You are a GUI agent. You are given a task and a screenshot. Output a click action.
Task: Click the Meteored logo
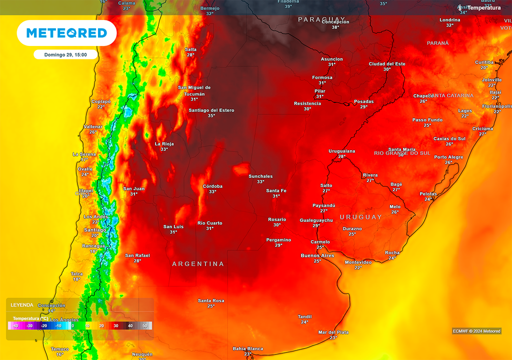[66, 33]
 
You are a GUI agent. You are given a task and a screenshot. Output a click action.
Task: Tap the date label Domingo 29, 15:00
[65, 54]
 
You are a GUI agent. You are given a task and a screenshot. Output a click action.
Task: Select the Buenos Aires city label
[317, 255]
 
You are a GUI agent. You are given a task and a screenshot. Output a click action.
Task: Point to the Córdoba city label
[212, 186]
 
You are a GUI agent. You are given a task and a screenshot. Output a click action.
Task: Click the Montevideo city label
[358, 262]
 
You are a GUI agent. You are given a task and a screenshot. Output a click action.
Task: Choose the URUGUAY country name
[360, 217]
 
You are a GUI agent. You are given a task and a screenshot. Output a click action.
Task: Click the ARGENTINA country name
[198, 263]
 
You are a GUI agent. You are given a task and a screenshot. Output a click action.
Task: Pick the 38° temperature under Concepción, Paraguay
[335, 27]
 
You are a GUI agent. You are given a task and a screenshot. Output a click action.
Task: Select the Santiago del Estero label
[211, 110]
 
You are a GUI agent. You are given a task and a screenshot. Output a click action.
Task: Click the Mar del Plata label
[333, 332]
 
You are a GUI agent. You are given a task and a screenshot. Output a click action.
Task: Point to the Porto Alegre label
[448, 157]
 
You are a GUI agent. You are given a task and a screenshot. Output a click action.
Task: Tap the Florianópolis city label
[497, 106]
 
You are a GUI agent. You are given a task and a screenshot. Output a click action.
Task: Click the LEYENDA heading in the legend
[22, 305]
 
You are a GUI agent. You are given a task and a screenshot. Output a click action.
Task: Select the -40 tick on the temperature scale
[15, 326]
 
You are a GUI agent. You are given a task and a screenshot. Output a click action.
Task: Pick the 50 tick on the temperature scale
[145, 326]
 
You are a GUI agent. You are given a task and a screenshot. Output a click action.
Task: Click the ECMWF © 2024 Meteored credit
[476, 331]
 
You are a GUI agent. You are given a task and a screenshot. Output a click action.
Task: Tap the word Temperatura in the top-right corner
[484, 7]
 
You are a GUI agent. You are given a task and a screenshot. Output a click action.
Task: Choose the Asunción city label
[332, 59]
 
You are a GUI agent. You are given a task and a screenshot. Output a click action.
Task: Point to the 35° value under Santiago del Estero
[211, 115]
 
